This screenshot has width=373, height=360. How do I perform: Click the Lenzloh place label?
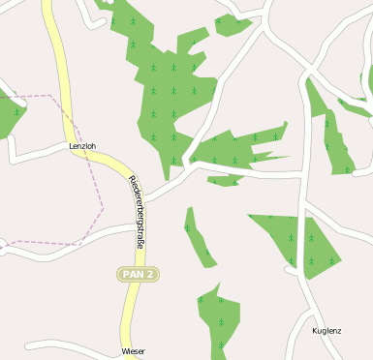(82, 146)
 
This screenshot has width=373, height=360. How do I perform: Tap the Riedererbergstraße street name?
(137, 213)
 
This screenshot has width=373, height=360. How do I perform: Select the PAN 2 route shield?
(138, 275)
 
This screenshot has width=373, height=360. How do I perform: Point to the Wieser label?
(133, 351)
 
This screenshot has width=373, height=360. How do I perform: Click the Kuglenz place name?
(326, 331)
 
